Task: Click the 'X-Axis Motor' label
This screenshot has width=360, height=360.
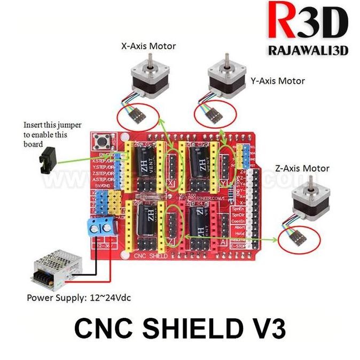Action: coord(148,46)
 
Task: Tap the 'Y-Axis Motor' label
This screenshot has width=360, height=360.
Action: coord(277,81)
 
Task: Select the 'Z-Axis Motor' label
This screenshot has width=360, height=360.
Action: coord(302,168)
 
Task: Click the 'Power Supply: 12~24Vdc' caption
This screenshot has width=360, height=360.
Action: coord(79,297)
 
